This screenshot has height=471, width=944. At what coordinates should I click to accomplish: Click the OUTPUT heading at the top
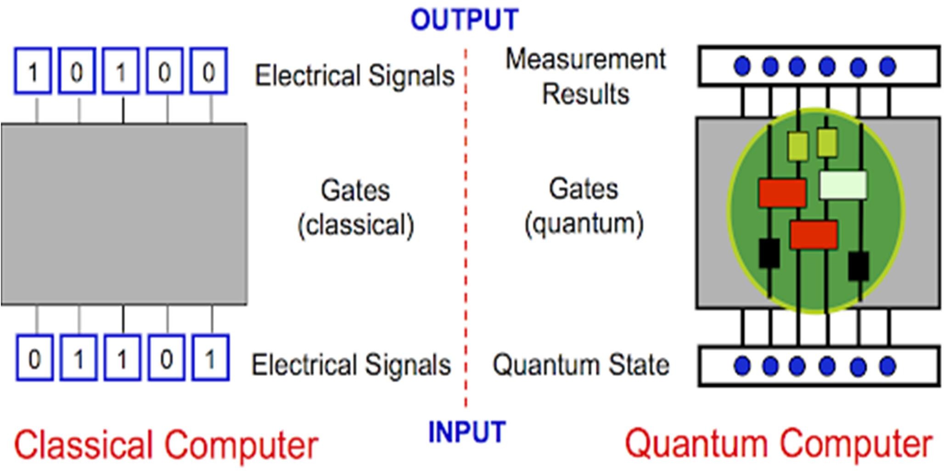click(464, 20)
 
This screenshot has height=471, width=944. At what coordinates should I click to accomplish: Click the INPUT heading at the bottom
click(466, 432)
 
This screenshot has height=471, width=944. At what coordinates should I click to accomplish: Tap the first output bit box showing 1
click(33, 72)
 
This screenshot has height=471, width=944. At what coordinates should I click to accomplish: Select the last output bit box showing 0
click(209, 72)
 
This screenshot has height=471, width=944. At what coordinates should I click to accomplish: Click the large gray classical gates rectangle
click(124, 214)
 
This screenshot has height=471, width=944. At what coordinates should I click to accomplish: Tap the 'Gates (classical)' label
click(356, 207)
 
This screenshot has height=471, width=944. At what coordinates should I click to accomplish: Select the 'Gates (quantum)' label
click(584, 207)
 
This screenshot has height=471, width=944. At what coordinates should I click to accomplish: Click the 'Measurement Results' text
click(585, 77)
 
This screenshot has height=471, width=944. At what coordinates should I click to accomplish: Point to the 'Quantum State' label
click(581, 365)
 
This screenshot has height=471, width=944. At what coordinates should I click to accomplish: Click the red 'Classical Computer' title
click(166, 444)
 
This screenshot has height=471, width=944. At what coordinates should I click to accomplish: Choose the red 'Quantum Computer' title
click(779, 443)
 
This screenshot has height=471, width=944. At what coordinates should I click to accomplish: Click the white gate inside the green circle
click(843, 185)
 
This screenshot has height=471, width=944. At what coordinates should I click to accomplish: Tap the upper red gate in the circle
click(782, 193)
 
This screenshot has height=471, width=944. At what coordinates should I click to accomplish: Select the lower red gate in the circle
click(814, 235)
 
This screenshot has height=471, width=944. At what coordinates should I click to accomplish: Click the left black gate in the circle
click(769, 253)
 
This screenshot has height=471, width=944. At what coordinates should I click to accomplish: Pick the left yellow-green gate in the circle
click(798, 146)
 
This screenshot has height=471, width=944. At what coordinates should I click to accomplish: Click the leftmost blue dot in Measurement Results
click(742, 66)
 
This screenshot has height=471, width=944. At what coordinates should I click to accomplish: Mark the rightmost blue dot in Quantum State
click(888, 366)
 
